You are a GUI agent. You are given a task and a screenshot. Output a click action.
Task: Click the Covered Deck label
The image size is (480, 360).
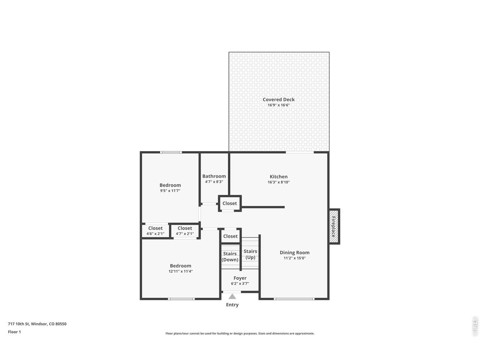tap(278, 99)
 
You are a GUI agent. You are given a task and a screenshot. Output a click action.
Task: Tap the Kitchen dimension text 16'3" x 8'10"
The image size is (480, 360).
tap(279, 182)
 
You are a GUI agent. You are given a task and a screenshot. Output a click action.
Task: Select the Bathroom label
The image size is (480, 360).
tap(214, 176)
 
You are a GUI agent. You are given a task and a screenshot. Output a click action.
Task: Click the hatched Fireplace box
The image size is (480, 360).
tap(334, 226)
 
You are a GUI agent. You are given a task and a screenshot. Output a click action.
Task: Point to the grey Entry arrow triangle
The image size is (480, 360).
tap(232, 296)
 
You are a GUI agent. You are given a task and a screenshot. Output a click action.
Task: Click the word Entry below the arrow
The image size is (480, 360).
tap(232, 305)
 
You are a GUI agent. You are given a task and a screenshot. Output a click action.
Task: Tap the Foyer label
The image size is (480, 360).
tap(240, 278)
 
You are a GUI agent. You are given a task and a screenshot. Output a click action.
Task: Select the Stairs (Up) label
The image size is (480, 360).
tap(250, 254)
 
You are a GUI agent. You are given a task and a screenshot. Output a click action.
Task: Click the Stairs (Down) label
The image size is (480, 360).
tap(229, 256)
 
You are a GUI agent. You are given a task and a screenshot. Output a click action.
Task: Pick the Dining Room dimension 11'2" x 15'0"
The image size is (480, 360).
tap(294, 258)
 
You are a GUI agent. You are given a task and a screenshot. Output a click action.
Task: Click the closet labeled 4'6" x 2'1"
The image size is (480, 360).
tap(155, 231)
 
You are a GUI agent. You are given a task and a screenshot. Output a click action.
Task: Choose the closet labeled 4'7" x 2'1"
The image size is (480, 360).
tap(185, 231)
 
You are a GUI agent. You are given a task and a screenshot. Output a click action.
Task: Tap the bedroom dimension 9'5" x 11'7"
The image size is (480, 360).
tap(170, 190)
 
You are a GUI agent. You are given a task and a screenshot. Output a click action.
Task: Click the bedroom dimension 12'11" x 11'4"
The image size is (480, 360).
tap(180, 271)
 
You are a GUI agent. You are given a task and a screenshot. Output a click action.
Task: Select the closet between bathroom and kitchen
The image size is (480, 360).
tap(229, 203)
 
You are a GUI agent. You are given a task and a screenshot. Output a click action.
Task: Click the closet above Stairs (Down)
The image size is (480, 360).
tap(230, 236)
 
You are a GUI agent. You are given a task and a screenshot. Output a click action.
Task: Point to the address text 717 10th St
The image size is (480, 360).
tap(19, 324)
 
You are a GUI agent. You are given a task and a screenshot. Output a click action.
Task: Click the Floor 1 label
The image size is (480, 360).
tap(14, 332)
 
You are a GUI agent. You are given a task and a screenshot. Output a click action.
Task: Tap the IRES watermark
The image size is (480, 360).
tap(474, 327)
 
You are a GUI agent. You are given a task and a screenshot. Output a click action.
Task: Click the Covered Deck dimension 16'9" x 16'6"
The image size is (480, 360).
tap(279, 105)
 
